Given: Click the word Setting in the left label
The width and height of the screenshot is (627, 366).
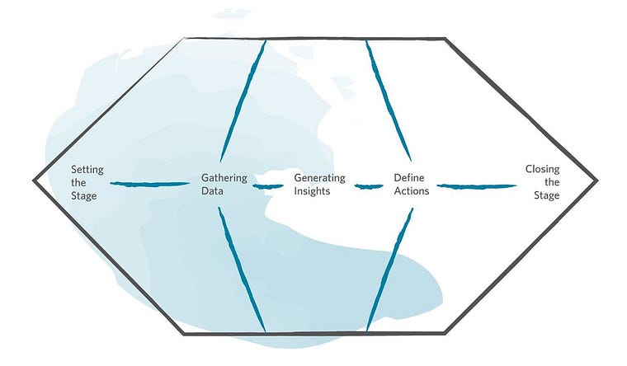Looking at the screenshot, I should click(87, 170).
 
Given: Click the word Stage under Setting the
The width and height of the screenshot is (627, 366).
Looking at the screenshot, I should click(84, 196).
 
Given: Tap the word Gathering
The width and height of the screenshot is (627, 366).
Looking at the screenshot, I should click(224, 177).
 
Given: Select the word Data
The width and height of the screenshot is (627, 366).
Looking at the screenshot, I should click(213, 190).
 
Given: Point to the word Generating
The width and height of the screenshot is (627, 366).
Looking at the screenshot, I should click(320, 177).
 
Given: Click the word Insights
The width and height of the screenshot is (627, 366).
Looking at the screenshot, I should click(312, 190).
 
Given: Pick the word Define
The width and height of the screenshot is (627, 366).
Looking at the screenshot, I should click(410, 177).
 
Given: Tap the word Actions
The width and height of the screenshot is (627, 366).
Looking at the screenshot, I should click(412, 190).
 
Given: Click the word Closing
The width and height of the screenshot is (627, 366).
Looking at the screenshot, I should click(542, 170).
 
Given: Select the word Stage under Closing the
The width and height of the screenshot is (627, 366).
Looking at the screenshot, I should click(546, 196).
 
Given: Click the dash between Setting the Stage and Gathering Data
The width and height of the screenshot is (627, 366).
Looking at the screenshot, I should click(150, 184).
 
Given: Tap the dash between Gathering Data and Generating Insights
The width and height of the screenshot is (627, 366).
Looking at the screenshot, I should click(262, 185).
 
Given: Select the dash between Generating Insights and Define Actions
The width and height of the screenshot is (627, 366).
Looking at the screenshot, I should click(369, 185).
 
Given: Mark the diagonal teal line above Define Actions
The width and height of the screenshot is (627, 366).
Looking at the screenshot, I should click(388, 99).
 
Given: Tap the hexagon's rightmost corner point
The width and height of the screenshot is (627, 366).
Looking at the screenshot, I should click(596, 180).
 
